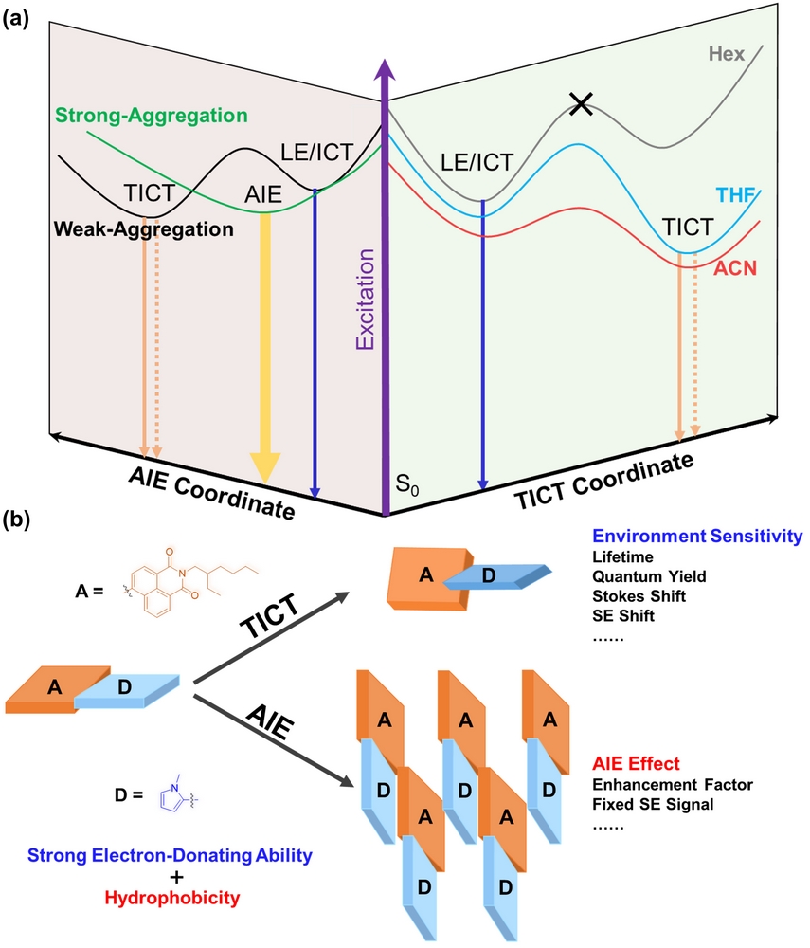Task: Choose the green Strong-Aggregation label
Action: click(152, 117)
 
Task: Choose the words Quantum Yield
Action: click(649, 575)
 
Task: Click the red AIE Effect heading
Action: click(639, 763)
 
